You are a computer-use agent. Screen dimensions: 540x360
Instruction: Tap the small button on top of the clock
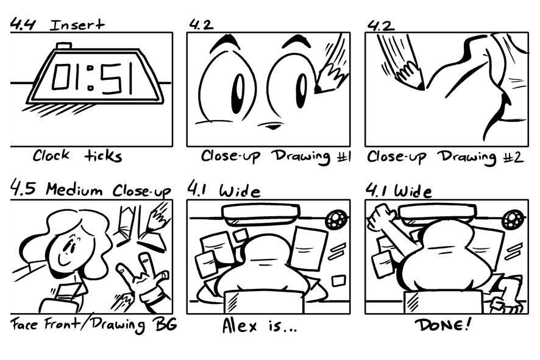(64, 46)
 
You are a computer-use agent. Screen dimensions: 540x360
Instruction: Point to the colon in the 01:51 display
(90, 78)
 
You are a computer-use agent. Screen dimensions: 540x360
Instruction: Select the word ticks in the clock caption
(103, 156)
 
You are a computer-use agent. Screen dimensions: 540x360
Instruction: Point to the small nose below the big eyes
(274, 127)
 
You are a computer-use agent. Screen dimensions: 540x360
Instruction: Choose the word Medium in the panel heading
(74, 189)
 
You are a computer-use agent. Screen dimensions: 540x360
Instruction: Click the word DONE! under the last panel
(443, 325)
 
